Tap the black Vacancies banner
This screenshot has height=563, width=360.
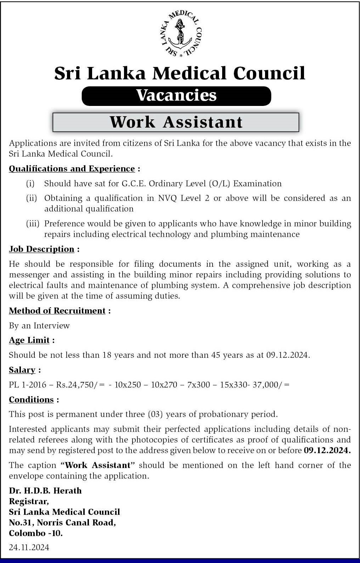pyautogui.click(x=176, y=96)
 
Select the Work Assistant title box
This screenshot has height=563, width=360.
pyautogui.click(x=176, y=122)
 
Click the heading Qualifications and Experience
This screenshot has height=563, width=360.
pyautogui.click(x=72, y=169)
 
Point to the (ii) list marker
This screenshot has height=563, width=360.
pyautogui.click(x=31, y=198)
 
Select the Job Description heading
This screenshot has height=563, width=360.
pyautogui.click(x=41, y=249)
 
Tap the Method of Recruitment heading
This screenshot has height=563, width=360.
pyautogui.click(x=57, y=311)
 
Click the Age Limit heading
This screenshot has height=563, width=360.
pyautogui.click(x=29, y=340)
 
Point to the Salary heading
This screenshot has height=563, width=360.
pyautogui.click(x=22, y=370)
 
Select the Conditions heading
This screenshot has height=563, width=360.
pyautogui.click(x=31, y=400)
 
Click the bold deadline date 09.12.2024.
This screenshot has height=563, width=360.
pyautogui.click(x=327, y=451)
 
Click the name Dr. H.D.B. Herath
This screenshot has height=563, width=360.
pyautogui.click(x=45, y=491)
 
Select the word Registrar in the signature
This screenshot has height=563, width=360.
pyautogui.click(x=29, y=501)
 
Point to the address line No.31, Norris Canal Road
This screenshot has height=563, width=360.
pyautogui.click(x=62, y=523)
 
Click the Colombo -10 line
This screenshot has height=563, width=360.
pyautogui.click(x=36, y=533)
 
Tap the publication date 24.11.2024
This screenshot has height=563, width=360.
pyautogui.click(x=29, y=547)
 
